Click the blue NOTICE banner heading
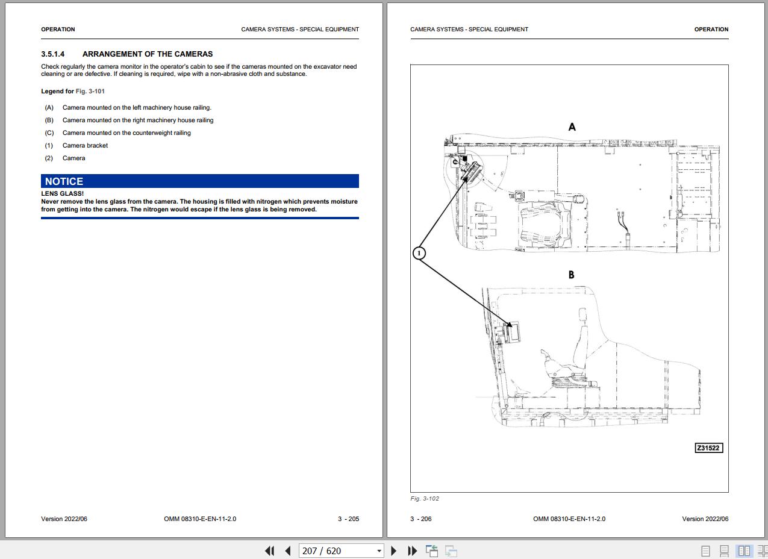tap(200, 181)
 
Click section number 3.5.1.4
tap(53, 54)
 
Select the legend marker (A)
tap(49, 108)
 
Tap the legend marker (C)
tap(49, 133)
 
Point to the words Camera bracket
tap(85, 145)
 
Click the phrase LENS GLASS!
tap(63, 193)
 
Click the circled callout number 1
tap(419, 254)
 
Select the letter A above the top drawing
tap(572, 127)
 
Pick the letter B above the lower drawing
tap(571, 275)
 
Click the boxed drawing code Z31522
tap(709, 448)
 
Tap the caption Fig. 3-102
tap(425, 499)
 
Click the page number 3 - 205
tap(348, 519)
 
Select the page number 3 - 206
tap(420, 519)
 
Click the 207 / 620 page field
tap(341, 551)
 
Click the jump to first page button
tap(270, 551)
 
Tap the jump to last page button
tap(413, 551)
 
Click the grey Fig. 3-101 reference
tap(90, 92)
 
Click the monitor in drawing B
tap(512, 332)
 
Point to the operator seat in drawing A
tap(545, 225)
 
